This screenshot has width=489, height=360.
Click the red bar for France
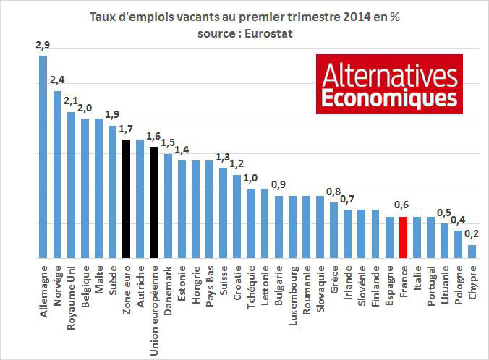(403, 237)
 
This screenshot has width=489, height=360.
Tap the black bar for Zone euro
(126, 198)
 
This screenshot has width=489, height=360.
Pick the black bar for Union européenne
(153, 202)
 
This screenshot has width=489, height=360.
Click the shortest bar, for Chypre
(472, 251)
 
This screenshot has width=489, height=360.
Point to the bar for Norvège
(56, 174)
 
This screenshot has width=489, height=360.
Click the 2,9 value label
(43, 46)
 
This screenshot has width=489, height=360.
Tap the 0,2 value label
(471, 233)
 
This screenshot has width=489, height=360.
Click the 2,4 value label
(57, 80)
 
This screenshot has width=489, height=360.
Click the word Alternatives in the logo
(389, 74)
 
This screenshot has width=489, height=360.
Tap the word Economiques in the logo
(389, 97)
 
